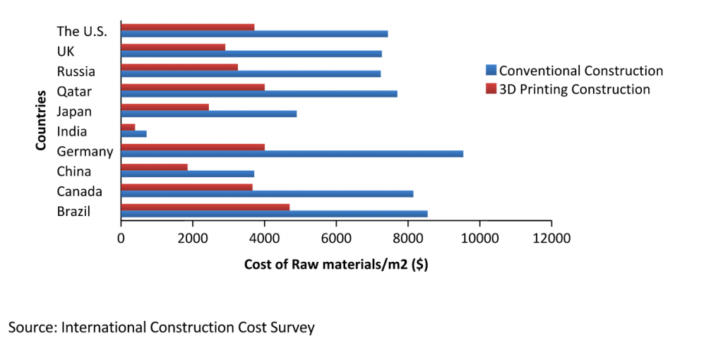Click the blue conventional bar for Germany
(292, 153)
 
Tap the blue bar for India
(133, 133)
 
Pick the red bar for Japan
(165, 107)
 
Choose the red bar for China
(154, 167)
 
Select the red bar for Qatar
(193, 87)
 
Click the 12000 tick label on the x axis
(551, 239)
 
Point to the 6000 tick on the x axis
(336, 239)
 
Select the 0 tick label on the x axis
(121, 239)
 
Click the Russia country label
(76, 71)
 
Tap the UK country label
(66, 52)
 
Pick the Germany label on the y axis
(85, 152)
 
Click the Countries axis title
(41, 119)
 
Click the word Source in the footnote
(32, 328)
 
